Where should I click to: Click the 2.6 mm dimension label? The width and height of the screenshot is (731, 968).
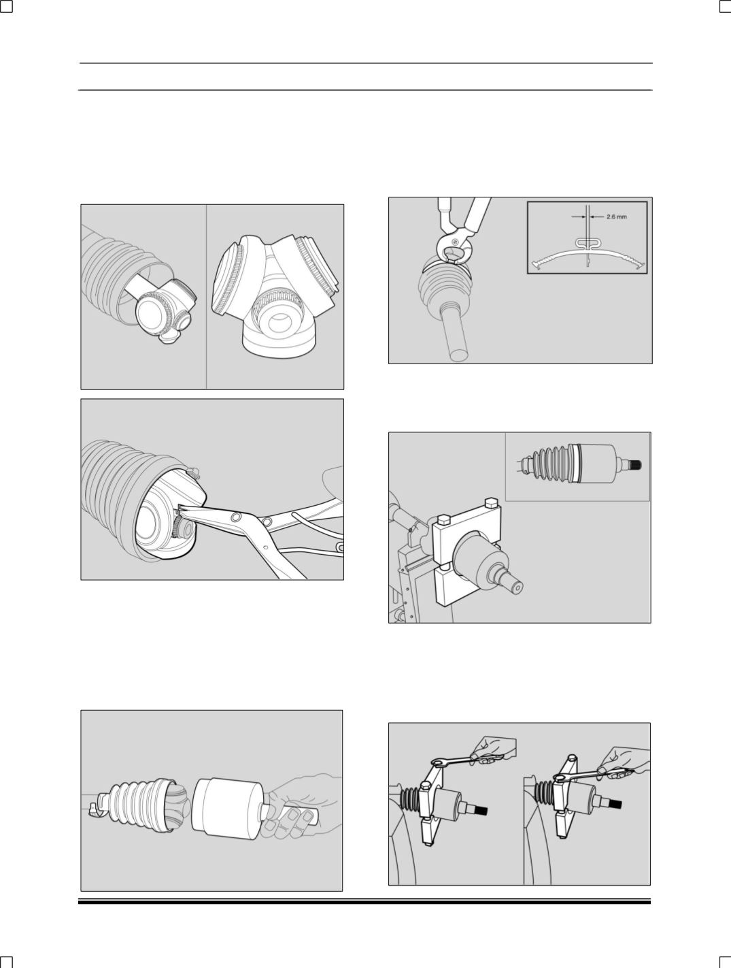tap(616, 217)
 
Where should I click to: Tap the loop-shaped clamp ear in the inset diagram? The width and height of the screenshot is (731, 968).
tap(588, 243)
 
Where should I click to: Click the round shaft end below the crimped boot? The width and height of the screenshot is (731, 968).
tap(457, 354)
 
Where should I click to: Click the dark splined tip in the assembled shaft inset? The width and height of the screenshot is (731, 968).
tap(636, 464)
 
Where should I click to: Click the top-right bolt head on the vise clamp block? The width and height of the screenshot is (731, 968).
tap(490, 503)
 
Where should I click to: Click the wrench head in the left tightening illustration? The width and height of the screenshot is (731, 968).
tap(438, 762)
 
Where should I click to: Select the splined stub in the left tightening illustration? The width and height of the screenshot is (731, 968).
tap(481, 810)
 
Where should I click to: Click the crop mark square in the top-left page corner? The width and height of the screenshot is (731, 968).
tap(6, 6)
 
